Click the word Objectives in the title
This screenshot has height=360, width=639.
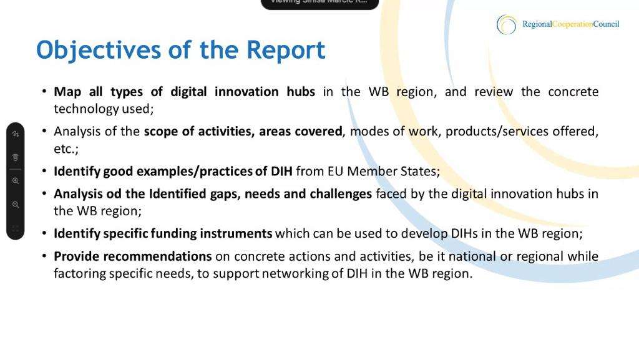(x=99, y=51)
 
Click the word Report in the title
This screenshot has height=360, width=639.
(x=286, y=50)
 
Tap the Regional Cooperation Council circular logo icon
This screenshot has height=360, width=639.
(x=507, y=24)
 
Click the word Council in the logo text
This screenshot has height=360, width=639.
(x=606, y=24)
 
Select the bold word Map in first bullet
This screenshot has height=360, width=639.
(x=67, y=92)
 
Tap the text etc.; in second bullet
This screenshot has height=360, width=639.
(x=66, y=148)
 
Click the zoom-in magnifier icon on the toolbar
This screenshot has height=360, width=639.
(x=16, y=181)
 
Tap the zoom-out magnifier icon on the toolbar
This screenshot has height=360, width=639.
(x=16, y=205)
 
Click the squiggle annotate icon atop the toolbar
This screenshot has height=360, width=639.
(x=16, y=134)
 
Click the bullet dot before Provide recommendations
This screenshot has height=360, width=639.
(x=44, y=256)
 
